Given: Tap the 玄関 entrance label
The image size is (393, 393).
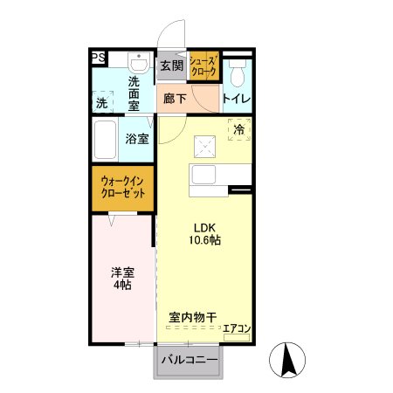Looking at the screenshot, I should click(172, 65).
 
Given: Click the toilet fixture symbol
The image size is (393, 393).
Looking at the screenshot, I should click(237, 69).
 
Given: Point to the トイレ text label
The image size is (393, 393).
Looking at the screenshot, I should click(237, 99).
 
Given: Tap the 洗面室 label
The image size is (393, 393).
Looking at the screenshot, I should click(134, 93).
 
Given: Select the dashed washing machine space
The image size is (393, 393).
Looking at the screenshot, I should click(104, 101).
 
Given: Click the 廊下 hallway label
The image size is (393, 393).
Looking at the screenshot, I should click(174, 99).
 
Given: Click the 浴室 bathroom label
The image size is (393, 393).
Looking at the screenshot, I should click(136, 138).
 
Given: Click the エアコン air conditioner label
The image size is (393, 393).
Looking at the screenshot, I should click(237, 329).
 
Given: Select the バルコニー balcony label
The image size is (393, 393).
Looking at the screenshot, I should click(188, 360).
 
